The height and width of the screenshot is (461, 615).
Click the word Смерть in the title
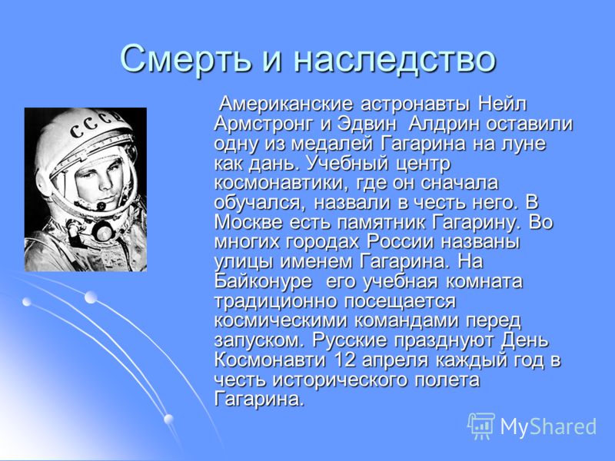(x=184, y=58)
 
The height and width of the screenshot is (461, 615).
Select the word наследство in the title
(x=394, y=59)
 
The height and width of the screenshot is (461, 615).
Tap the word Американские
(x=286, y=104)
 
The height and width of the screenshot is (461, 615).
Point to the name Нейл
(x=502, y=104)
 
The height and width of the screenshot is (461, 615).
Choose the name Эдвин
(x=364, y=124)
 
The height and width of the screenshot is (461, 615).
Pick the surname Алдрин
(x=444, y=124)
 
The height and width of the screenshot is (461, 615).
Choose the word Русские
(x=350, y=340)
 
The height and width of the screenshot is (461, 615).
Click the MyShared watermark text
(x=548, y=426)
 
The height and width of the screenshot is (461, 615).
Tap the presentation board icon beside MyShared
(x=481, y=426)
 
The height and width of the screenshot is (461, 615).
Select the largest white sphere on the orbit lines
(x=91, y=297)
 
